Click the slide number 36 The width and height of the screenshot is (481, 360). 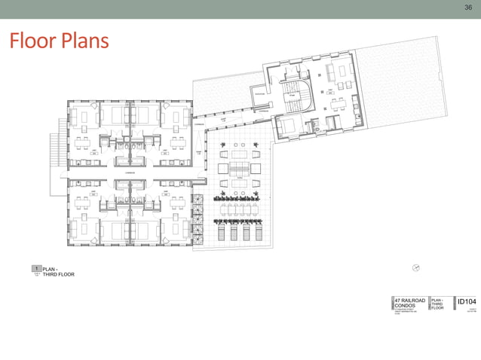(x=467, y=7)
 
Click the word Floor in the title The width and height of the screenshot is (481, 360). (x=32, y=41)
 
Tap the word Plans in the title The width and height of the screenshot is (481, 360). (x=84, y=41)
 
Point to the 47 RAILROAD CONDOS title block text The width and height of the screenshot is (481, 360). (x=408, y=303)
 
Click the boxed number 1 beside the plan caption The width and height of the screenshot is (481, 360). (x=35, y=268)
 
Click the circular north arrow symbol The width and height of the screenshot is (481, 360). (x=415, y=267)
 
